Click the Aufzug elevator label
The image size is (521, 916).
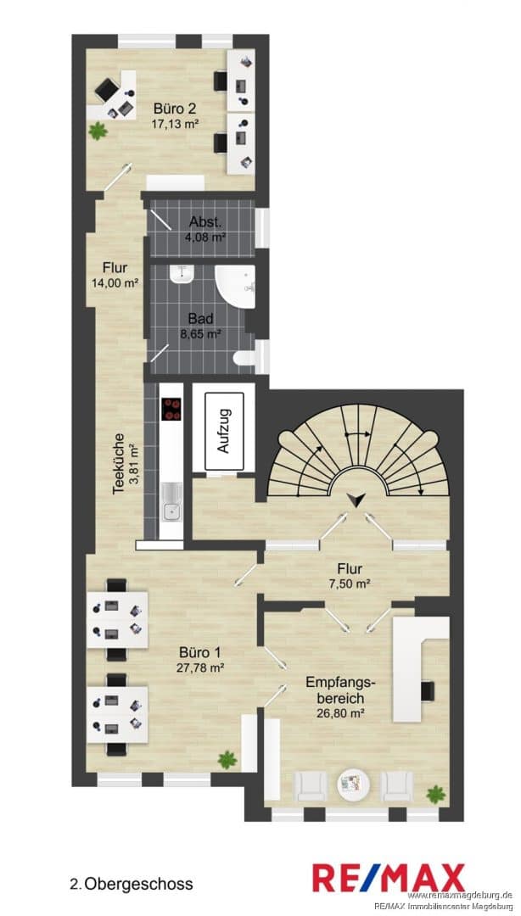[x=223, y=431]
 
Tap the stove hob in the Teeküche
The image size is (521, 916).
[x=172, y=409]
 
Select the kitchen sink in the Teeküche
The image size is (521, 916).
[x=172, y=504]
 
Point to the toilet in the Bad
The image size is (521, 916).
[x=243, y=358]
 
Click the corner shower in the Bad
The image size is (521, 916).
[x=235, y=286]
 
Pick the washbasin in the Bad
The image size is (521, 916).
[x=182, y=274]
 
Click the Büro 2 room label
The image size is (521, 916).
[x=174, y=108]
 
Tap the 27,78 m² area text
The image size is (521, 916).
[x=200, y=667]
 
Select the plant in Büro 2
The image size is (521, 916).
[x=98, y=131]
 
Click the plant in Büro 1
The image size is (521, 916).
[x=227, y=760]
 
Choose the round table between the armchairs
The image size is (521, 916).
[x=352, y=784]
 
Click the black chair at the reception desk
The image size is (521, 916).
[x=428, y=690]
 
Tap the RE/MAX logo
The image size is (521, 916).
[x=389, y=878]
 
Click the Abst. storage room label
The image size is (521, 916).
[x=204, y=222]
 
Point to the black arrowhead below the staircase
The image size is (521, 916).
[x=355, y=500]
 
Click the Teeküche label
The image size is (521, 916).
[x=120, y=465]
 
